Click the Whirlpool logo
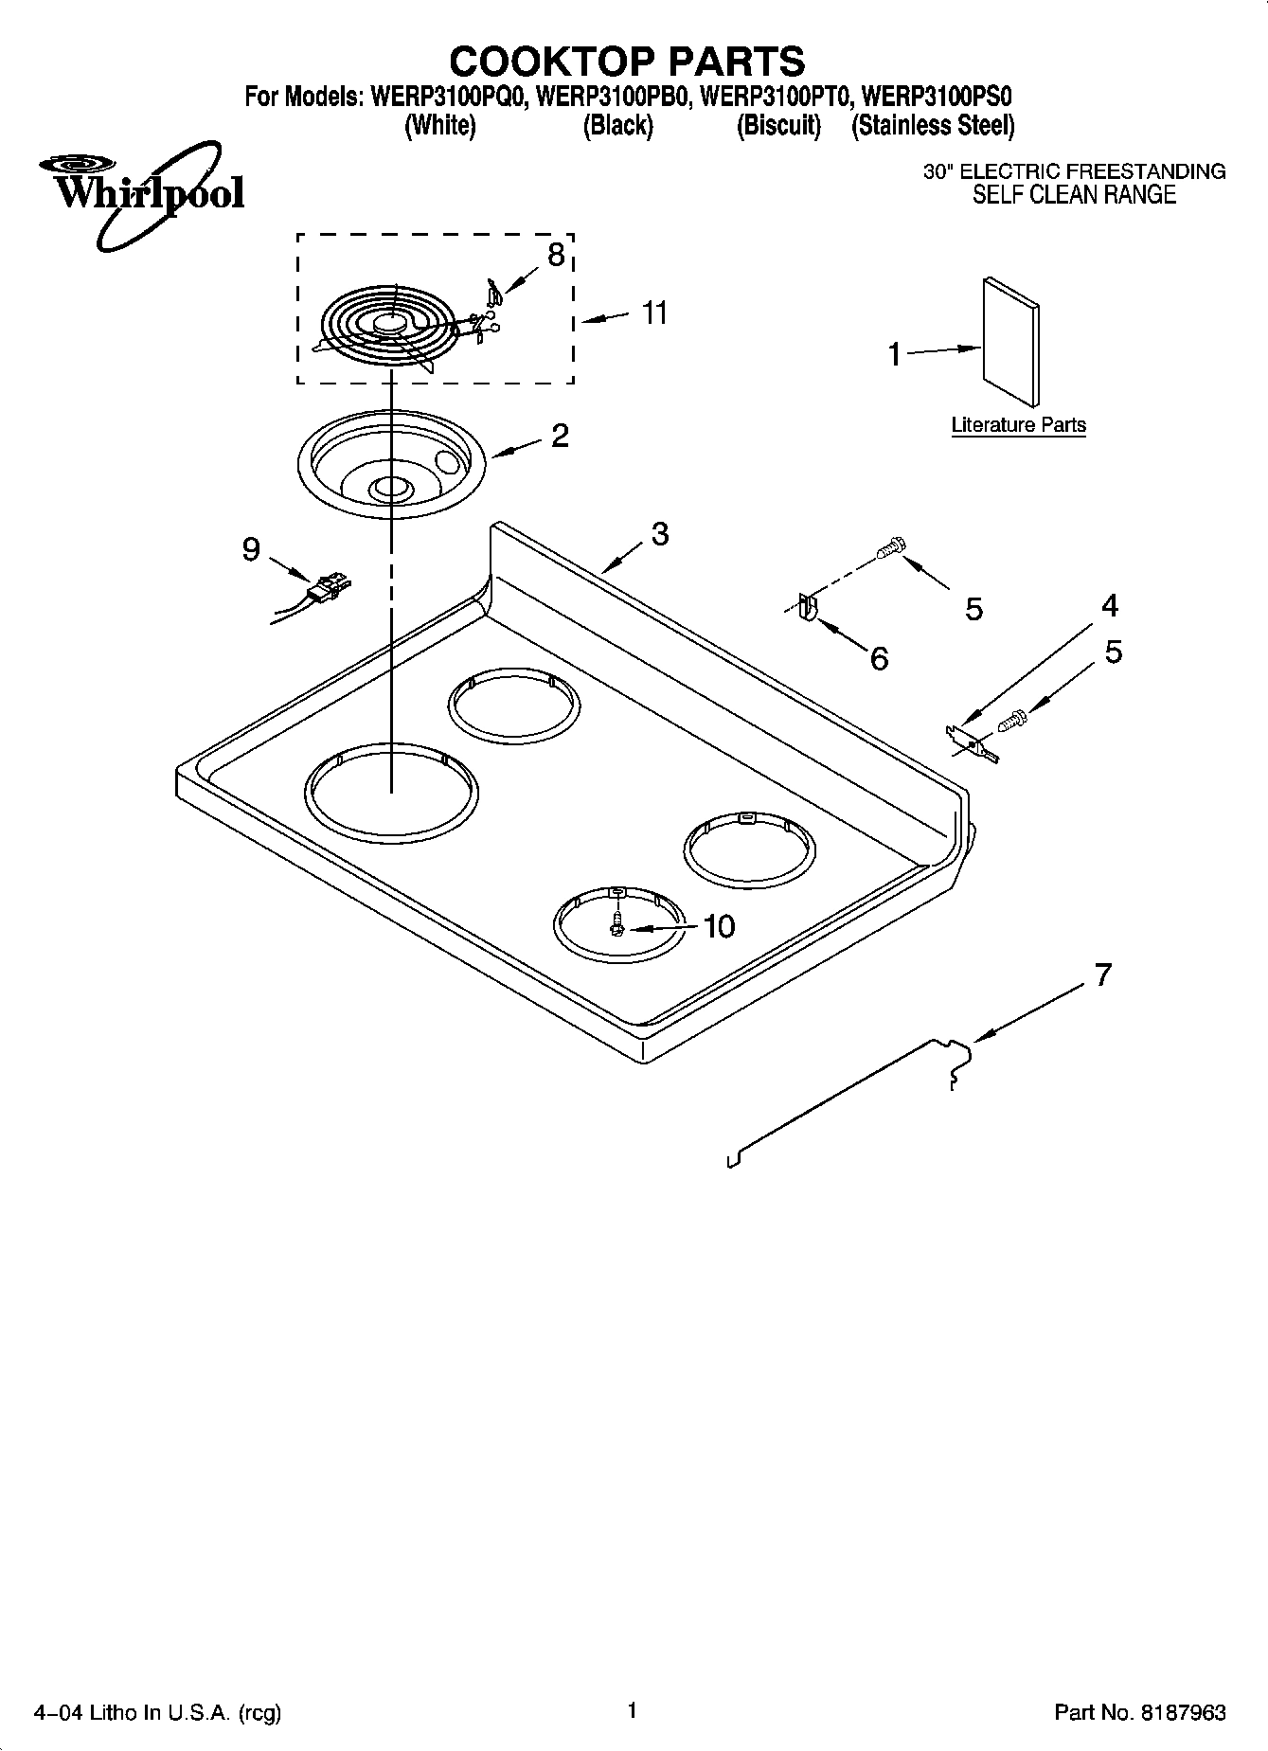tap(142, 192)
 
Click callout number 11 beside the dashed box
tap(654, 313)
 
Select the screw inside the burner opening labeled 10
tap(617, 924)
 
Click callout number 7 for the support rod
tap(1102, 974)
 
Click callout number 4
tap(1110, 605)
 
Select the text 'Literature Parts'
tap(1018, 425)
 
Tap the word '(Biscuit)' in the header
tap(778, 125)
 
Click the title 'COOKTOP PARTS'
tap(627, 61)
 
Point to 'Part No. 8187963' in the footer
tap(1139, 1712)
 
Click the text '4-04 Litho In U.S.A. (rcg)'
tap(158, 1712)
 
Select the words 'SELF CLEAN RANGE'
tap(1074, 195)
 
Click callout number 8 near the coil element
tap(556, 254)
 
